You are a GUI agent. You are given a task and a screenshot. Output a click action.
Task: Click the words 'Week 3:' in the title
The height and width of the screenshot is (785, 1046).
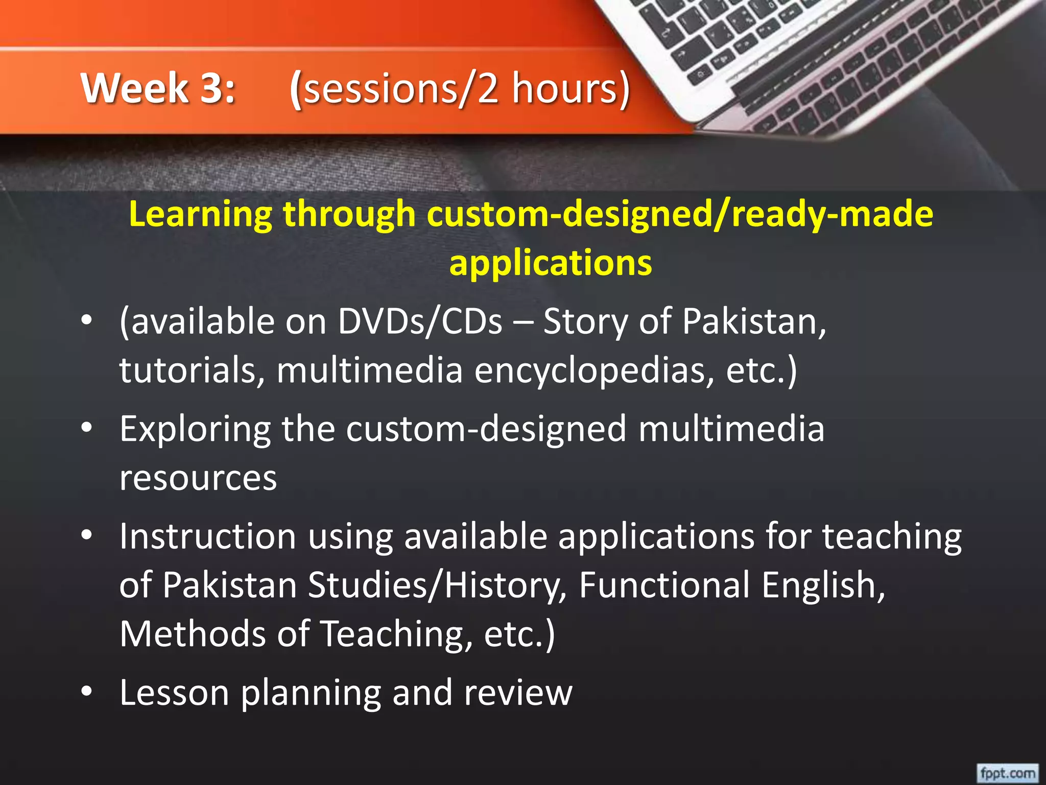[158, 88]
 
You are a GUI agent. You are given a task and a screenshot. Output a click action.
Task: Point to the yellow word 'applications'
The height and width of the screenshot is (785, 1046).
[551, 263]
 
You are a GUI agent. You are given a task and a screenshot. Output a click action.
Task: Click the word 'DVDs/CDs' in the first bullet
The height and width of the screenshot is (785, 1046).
[420, 322]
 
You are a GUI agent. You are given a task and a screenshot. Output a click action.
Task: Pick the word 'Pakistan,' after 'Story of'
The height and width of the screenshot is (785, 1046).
[754, 322]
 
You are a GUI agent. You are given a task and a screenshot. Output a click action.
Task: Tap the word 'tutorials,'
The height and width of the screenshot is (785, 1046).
[192, 370]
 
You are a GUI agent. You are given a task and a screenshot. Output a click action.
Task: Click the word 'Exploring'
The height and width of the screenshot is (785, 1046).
[195, 429]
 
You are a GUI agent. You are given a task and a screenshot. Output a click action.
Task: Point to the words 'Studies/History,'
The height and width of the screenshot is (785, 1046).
[437, 586]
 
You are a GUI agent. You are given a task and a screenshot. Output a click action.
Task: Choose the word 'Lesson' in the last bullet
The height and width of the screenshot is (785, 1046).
[174, 693]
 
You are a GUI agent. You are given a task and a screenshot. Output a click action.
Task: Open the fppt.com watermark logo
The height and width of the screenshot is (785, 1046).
[1007, 773]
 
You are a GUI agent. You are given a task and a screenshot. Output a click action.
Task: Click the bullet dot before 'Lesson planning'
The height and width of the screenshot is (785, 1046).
[87, 691]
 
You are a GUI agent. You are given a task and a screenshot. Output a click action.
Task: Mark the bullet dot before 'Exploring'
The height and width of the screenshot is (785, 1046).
[87, 427]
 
